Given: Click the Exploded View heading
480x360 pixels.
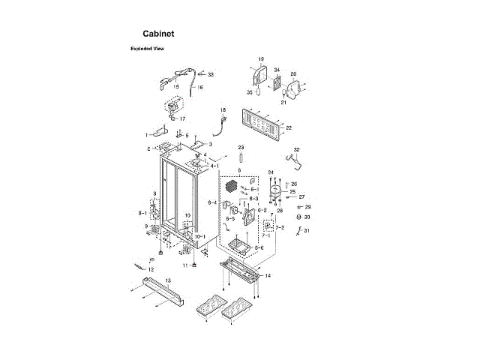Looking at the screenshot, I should (147, 49).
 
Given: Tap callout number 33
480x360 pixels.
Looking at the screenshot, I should (211, 75).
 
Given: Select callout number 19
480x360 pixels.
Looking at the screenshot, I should (261, 59).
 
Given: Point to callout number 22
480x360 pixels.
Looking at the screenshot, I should (289, 128).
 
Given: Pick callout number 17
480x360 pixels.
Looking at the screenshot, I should (182, 118).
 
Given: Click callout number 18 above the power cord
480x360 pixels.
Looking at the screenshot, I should (222, 110).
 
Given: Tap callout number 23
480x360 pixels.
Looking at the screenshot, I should (241, 147).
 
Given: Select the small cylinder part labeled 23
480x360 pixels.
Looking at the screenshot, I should (241, 160).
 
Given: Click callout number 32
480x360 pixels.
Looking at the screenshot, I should (297, 150).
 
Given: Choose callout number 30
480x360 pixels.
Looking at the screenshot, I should (307, 217).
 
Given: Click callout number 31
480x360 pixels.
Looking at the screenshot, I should (306, 230).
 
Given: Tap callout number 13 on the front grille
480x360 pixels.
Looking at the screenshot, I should (168, 280).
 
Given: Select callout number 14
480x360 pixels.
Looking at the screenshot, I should (268, 276).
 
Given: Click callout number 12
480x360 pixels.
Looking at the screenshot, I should (151, 269).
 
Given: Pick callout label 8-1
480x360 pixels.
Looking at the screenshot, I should (142, 213).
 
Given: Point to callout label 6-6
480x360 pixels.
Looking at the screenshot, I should (259, 247).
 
